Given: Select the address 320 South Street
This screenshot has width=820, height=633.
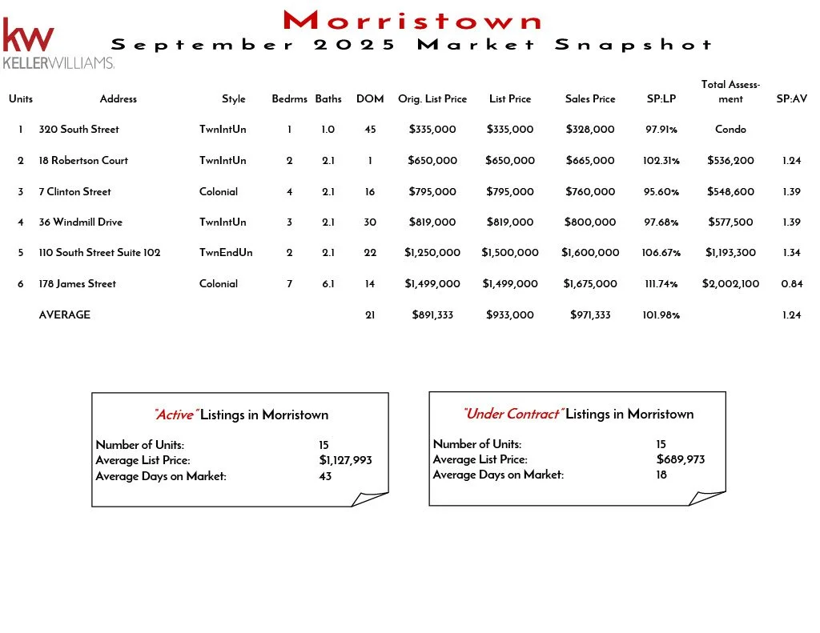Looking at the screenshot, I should tap(78, 130).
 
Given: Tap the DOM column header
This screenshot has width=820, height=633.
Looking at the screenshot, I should tap(370, 99).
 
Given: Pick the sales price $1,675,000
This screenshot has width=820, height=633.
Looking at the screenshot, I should tap(590, 284).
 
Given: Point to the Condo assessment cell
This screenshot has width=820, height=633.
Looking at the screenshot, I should tap(730, 130).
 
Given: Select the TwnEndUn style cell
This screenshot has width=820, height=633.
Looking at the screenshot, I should tap(226, 253).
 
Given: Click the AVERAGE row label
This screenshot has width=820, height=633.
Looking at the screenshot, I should tap(65, 315).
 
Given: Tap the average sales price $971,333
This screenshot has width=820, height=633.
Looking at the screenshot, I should tap(590, 315).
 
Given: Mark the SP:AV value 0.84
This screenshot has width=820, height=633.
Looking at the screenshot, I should tap(792, 284).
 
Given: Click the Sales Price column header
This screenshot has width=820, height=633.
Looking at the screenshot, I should tap(590, 99).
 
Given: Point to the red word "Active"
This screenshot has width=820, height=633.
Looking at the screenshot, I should tap(175, 415).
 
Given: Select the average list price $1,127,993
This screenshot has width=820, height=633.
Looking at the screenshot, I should tap(345, 460).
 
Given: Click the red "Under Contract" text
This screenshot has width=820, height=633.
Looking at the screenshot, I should tap(512, 415).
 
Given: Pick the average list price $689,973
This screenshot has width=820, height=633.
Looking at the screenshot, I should tap(680, 459).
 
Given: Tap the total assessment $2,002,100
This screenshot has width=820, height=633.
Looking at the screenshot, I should tap(730, 284).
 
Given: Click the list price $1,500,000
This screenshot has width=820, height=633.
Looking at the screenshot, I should tap(510, 253).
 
